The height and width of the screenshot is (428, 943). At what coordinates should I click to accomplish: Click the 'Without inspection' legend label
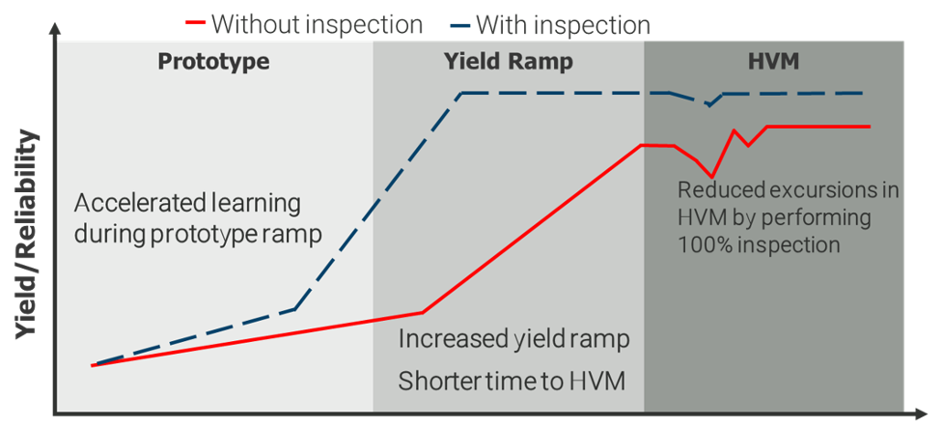click(x=317, y=25)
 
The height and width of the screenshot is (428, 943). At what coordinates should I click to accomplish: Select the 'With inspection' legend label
click(x=563, y=25)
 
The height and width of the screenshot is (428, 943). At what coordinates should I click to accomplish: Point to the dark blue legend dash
click(x=459, y=26)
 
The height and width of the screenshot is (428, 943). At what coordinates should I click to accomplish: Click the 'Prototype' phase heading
click(x=213, y=62)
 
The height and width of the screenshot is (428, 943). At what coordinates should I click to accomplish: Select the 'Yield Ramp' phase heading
click(x=509, y=62)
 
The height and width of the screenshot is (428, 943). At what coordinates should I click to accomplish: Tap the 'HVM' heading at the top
click(x=773, y=62)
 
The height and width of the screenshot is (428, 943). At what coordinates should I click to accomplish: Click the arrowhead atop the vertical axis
click(x=55, y=30)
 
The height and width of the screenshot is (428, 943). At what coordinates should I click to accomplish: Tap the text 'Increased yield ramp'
click(x=514, y=340)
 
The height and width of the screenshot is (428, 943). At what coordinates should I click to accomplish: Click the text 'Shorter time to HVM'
click(x=513, y=381)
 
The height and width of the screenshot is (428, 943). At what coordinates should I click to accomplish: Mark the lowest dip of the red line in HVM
click(x=711, y=177)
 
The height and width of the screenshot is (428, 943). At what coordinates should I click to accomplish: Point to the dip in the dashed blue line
click(x=709, y=105)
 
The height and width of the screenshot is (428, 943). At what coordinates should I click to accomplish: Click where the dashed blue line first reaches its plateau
click(x=460, y=93)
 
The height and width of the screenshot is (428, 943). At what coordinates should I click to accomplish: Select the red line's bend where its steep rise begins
click(x=423, y=312)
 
